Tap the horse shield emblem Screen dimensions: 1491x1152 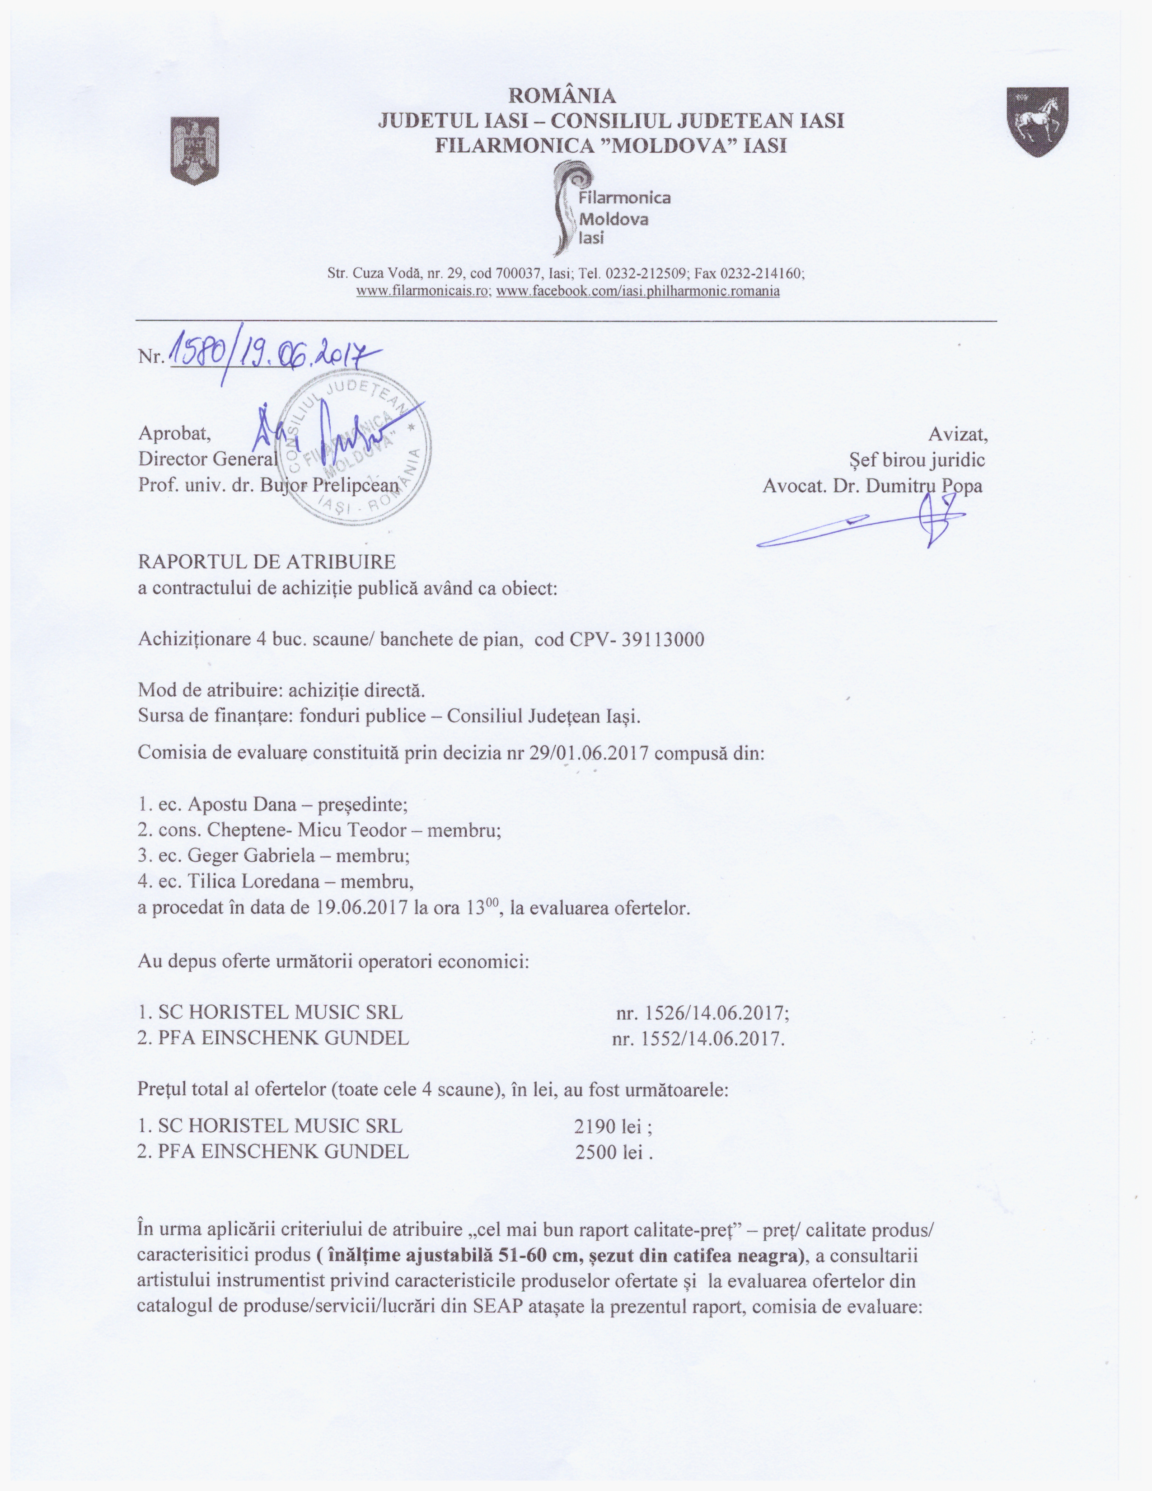[1038, 122]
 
